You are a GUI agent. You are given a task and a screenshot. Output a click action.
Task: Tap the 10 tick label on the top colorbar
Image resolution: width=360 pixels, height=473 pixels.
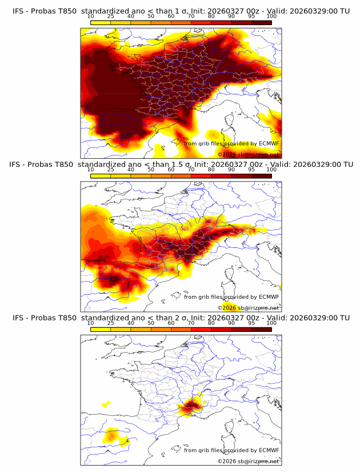coord(90,17)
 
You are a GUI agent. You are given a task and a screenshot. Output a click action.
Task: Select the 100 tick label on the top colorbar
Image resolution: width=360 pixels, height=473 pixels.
coord(271,17)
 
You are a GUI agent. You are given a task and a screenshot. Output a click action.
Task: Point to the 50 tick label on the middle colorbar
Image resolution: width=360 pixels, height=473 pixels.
coord(151,170)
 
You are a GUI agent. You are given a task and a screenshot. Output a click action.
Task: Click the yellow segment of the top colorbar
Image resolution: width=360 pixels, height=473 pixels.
coord(101,22)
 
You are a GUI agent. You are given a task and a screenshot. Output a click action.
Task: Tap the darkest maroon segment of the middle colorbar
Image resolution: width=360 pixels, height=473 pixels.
coord(261,175)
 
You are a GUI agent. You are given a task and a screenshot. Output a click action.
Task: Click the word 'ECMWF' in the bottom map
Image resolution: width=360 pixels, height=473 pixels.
coord(269,450)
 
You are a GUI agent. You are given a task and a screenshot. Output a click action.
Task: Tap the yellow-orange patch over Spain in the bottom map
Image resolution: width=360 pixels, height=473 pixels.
coord(112,437)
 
